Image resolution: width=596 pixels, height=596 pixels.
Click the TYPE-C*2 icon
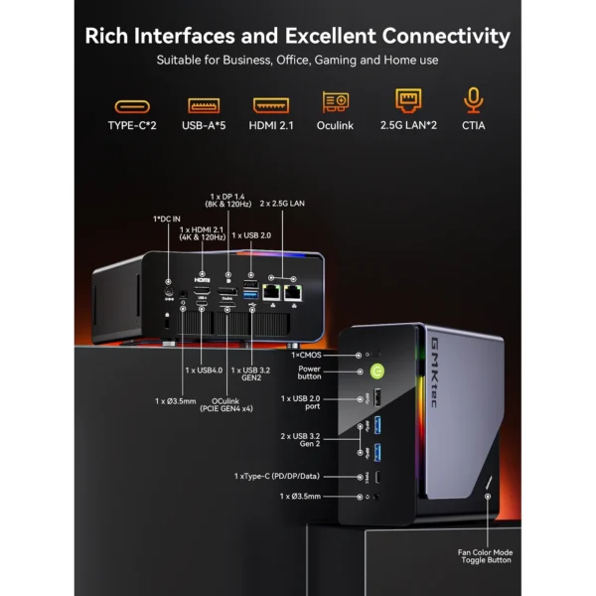coord(132,103)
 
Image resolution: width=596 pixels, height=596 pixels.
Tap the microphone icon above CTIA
coord(473,101)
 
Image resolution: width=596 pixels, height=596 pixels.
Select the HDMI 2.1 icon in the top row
coord(271,103)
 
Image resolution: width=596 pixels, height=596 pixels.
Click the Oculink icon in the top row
coord(336,102)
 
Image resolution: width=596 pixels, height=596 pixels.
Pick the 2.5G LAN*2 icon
coord(408,101)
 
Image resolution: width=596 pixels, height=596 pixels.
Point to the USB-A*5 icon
coord(203,103)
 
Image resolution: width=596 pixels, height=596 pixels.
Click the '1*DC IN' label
coord(167,218)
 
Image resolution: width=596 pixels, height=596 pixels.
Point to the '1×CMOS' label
coord(308,354)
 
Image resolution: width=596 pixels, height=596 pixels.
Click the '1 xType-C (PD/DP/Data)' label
coord(290,477)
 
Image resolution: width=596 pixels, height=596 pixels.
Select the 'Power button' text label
coord(309,372)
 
